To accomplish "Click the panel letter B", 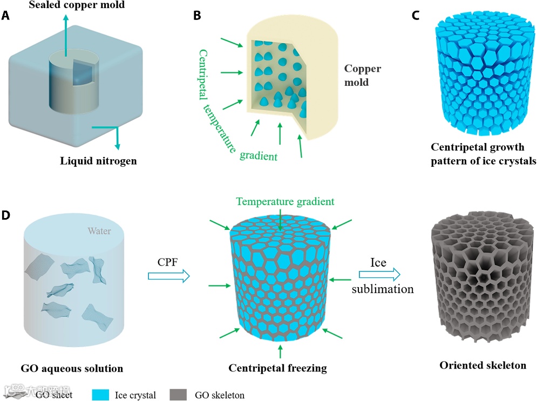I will (197, 16).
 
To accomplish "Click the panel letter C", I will (415, 16).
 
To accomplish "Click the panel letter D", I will (6, 215).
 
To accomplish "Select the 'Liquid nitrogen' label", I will (98, 160).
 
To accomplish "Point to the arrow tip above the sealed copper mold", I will (66, 17).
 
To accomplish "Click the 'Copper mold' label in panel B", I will (363, 76).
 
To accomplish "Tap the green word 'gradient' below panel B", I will (258, 156).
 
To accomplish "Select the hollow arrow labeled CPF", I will (169, 276).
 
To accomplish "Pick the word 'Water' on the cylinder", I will (100, 232).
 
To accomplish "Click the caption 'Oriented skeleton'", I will (482, 365).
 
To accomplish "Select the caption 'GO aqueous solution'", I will (72, 369).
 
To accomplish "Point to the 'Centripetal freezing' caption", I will (277, 369).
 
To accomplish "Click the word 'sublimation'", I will (383, 289).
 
